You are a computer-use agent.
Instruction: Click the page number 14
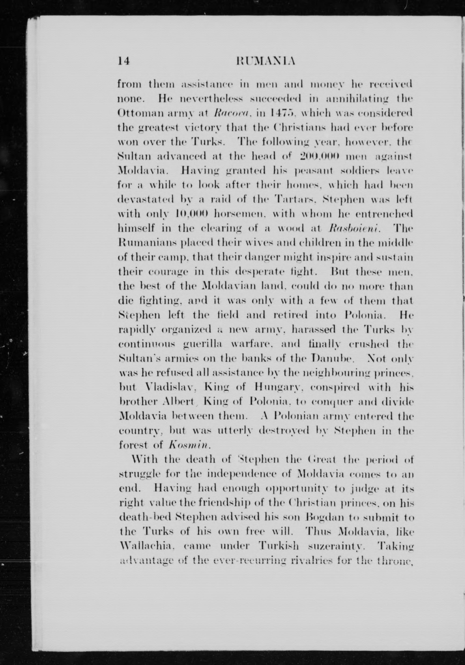coord(124,61)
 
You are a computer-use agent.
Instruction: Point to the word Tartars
coord(294,200)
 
